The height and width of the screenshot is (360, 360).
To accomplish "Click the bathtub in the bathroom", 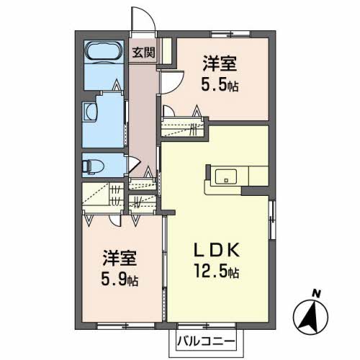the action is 104,52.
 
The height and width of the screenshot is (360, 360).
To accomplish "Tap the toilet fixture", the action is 93,166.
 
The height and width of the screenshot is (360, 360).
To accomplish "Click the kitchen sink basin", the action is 225,176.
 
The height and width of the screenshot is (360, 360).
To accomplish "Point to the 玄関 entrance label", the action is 144,52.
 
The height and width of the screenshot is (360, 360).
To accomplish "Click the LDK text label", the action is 217,250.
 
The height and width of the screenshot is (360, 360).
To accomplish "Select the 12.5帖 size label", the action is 217,271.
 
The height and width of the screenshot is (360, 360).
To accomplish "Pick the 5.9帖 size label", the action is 120,279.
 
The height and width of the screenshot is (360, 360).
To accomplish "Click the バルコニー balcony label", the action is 206,341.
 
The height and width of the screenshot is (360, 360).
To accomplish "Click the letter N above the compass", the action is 317,294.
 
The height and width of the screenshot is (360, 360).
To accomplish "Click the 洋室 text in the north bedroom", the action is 220,63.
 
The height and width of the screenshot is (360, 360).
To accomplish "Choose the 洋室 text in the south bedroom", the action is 120,258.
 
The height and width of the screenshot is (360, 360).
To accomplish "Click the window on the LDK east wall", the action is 272,220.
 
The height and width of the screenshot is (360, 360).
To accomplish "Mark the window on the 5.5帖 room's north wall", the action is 230,34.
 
